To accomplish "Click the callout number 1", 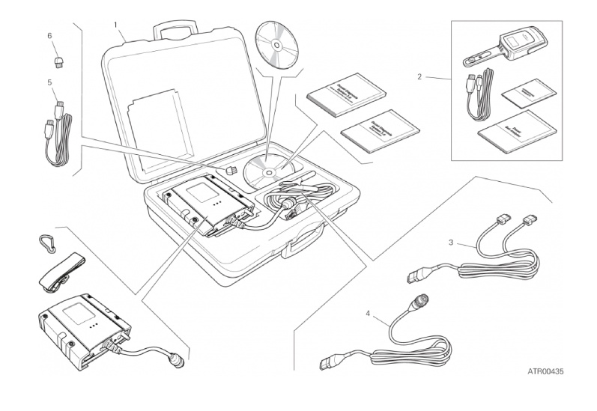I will (x=116, y=25).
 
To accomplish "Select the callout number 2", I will (x=421, y=76).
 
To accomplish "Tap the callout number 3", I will (x=450, y=243).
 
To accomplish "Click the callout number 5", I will (x=49, y=82).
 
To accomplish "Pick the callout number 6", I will (x=49, y=35).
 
